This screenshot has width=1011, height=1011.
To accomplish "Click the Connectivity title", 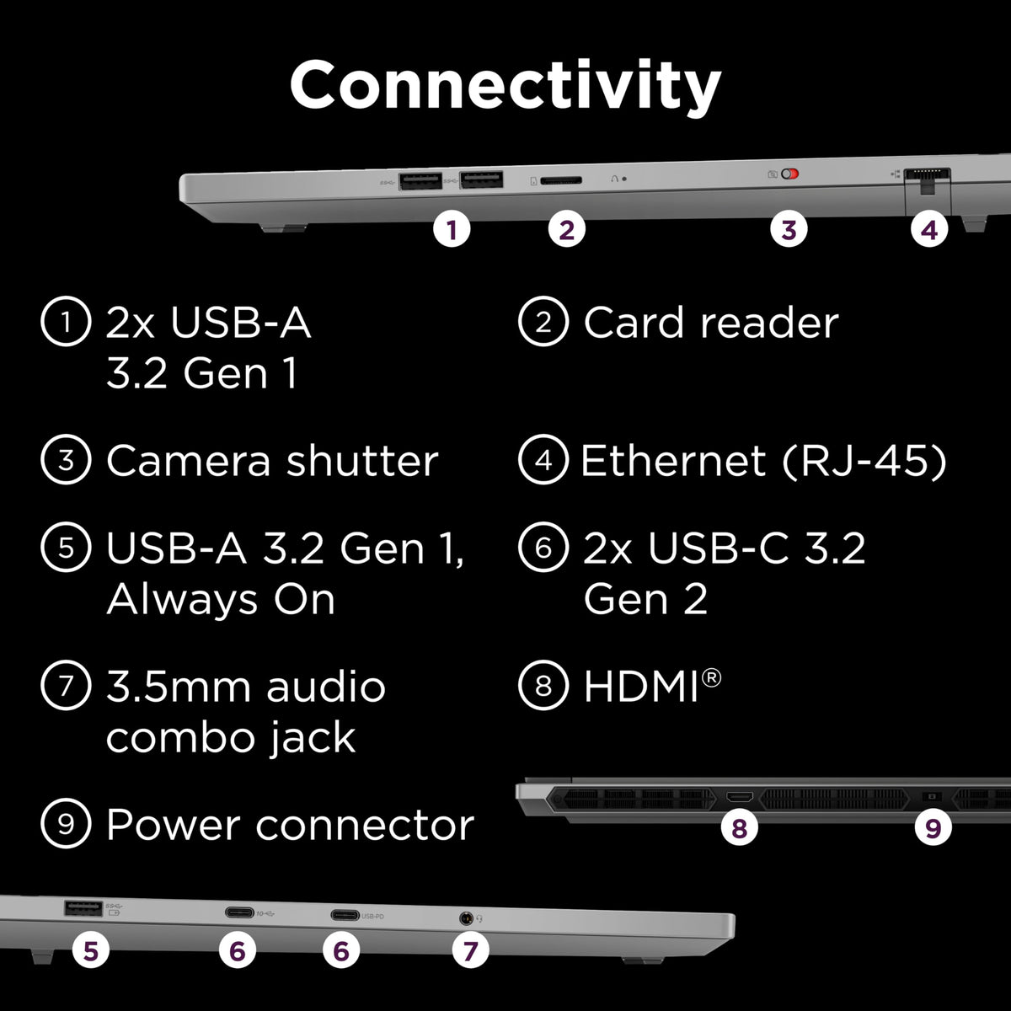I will click(505, 86).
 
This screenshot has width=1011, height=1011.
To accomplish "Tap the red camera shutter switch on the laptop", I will click(789, 174).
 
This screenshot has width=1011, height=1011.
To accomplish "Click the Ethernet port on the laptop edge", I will click(927, 175).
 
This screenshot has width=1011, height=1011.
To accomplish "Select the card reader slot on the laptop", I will click(559, 180).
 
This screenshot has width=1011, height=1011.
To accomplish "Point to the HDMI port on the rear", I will click(739, 797).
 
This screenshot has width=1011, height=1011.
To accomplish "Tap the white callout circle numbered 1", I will click(452, 229).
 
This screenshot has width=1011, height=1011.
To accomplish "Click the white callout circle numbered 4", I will click(929, 229).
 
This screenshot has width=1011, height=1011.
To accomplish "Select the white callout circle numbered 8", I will click(739, 829).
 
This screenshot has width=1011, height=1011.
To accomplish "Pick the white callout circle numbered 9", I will click(933, 829).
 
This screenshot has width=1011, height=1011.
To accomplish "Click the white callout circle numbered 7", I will click(470, 951).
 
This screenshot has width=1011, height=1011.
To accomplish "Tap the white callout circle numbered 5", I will click(91, 951).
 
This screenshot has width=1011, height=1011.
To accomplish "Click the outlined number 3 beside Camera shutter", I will click(66, 461).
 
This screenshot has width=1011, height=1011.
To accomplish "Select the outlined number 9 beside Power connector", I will click(66, 825).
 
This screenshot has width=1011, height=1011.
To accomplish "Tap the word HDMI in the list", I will click(640, 687).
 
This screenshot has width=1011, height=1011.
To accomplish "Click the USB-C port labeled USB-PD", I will click(345, 914).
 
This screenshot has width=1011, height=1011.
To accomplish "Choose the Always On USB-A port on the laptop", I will click(83, 908).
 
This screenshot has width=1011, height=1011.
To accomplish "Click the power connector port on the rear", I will click(932, 796).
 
